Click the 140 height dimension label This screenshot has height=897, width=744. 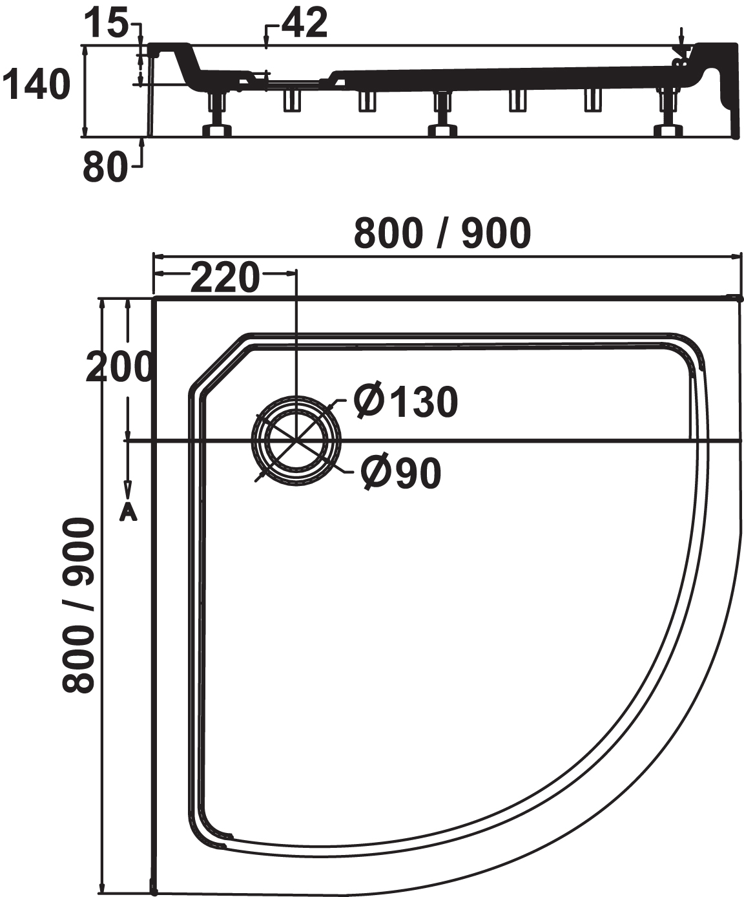tap(36, 85)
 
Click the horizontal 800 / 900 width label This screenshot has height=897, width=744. tap(442, 233)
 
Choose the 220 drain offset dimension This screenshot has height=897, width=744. tap(225, 278)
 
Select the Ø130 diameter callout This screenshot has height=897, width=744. tap(406, 402)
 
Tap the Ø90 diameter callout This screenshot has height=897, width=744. tap(401, 474)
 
